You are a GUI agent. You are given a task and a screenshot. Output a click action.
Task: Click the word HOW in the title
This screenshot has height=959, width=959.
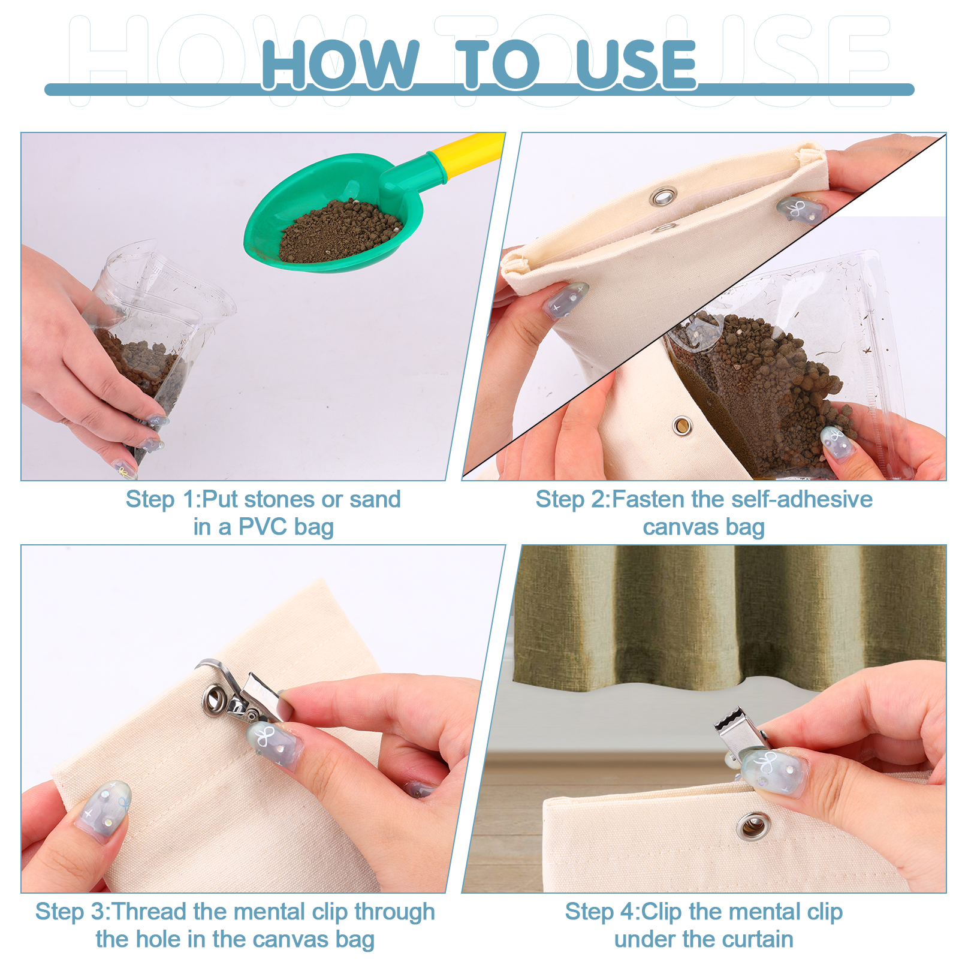[x=340, y=65]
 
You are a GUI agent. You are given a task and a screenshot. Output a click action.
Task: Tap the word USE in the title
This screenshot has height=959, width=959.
[x=637, y=65]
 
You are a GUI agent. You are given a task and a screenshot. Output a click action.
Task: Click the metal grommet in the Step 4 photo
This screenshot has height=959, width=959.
[x=753, y=827]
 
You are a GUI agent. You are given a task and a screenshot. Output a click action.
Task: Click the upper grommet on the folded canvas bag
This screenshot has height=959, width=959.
[x=664, y=197]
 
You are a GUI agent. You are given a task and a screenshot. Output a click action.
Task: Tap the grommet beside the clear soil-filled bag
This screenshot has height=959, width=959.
[x=682, y=426]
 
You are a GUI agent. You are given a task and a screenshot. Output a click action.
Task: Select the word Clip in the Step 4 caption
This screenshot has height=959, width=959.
[x=662, y=912]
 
